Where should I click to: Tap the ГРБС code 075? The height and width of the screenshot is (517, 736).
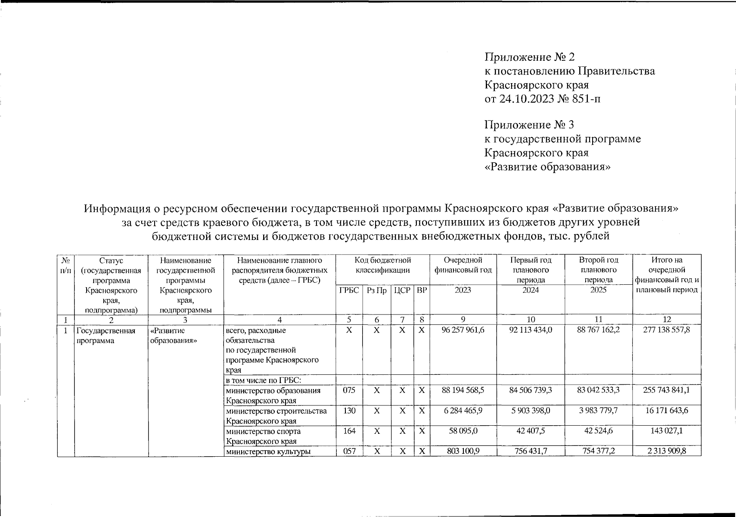pos(349,390)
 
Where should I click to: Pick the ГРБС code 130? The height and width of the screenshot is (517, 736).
pos(349,411)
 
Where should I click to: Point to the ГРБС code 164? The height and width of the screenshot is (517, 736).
pos(349,431)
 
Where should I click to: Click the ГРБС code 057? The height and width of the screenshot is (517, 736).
pos(349,451)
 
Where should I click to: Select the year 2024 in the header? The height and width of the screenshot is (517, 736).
pos(531,290)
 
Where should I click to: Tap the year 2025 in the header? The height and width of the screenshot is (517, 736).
pos(598,290)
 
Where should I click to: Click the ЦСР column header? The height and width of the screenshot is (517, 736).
pos(402,290)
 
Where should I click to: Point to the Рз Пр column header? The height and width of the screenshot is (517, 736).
pos(376,290)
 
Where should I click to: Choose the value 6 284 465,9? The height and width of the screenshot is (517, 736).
pos(463,411)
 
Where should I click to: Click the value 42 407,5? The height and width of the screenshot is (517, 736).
pos(531,431)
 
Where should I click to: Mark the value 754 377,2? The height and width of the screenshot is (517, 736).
pos(598,451)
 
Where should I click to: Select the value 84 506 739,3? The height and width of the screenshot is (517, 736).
pos(531,390)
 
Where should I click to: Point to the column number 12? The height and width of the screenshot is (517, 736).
pos(667,319)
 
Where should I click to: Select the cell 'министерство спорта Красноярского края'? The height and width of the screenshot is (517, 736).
pos(263,436)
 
